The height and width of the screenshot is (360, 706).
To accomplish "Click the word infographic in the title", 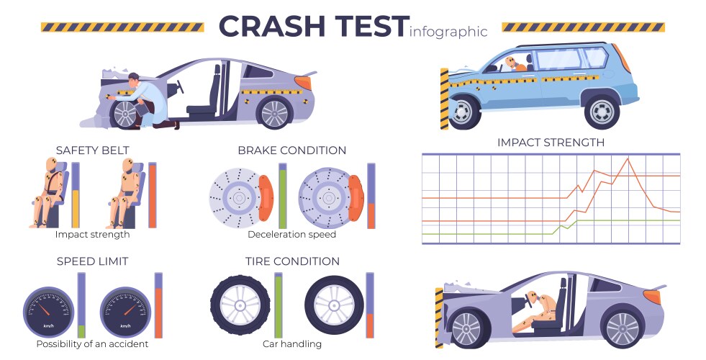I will pyautogui.click(x=448, y=31).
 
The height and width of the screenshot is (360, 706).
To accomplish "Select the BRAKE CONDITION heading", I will pyautogui.click(x=291, y=150).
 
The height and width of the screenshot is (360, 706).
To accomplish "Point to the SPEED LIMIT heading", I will pyautogui.click(x=92, y=261).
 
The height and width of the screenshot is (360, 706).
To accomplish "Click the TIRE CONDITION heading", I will pyautogui.click(x=291, y=261).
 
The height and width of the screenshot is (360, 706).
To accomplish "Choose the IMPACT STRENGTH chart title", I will pyautogui.click(x=551, y=143).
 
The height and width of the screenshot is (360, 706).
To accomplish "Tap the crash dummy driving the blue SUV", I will pyautogui.click(x=514, y=64).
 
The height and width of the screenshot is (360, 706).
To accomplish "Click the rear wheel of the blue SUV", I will pyautogui.click(x=602, y=110).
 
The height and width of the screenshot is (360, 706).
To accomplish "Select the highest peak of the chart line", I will pyautogui.click(x=629, y=158).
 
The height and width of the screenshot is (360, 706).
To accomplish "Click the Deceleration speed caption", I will pyautogui.click(x=291, y=234).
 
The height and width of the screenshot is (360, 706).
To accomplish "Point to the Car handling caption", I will pyautogui.click(x=291, y=343).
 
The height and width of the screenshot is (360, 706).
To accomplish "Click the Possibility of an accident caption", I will pyautogui.click(x=92, y=343).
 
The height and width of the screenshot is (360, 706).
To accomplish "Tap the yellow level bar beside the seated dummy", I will pyautogui.click(x=75, y=209).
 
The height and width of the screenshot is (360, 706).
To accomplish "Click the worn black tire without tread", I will pyautogui.click(x=333, y=305).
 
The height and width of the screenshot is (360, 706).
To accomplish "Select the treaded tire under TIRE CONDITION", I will pyautogui.click(x=238, y=305).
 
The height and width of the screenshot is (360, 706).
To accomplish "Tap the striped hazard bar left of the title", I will pyautogui.click(x=122, y=27).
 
